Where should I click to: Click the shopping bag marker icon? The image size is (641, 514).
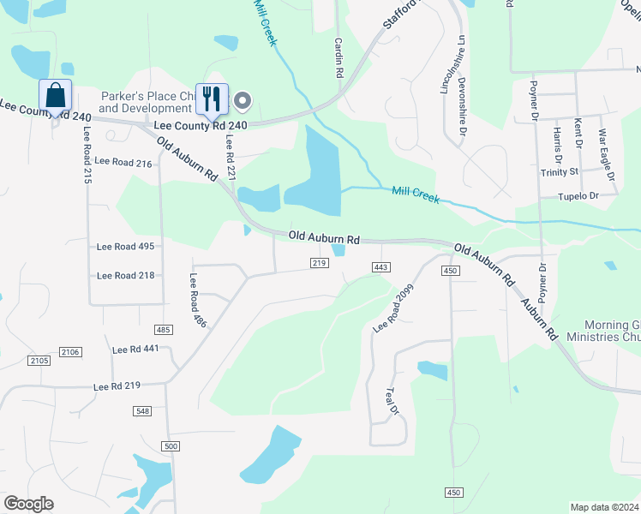tap(56, 94)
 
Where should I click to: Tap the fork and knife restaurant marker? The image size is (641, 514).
tap(211, 99)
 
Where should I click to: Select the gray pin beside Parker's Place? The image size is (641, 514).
tap(243, 102)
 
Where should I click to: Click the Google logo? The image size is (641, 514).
tap(28, 504)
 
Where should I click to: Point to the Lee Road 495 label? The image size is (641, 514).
tap(125, 247)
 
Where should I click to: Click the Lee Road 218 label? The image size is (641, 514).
tap(125, 275)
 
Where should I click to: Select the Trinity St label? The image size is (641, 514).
tap(560, 171)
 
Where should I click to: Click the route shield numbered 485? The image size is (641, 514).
tap(165, 330)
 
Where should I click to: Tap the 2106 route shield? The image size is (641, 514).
tap(69, 352)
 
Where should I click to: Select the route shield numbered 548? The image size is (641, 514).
tap(143, 412)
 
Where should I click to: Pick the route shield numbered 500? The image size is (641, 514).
tap(171, 446)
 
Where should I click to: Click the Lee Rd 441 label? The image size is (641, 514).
tap(135, 350)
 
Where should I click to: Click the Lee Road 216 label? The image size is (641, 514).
tap(123, 161)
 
